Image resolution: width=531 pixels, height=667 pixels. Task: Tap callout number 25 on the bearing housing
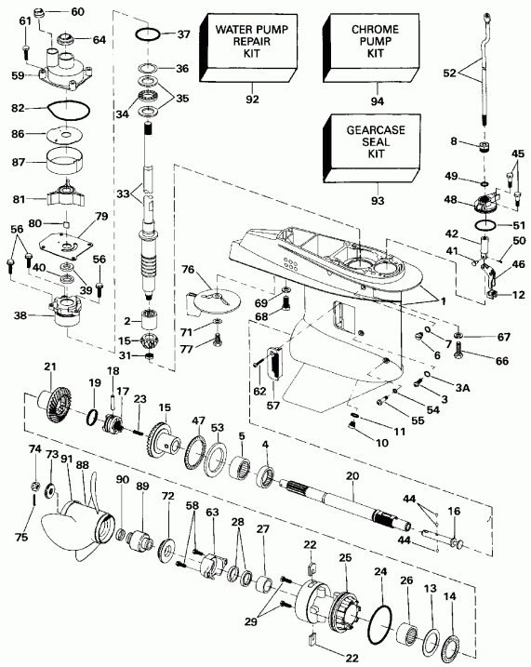[346, 557]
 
